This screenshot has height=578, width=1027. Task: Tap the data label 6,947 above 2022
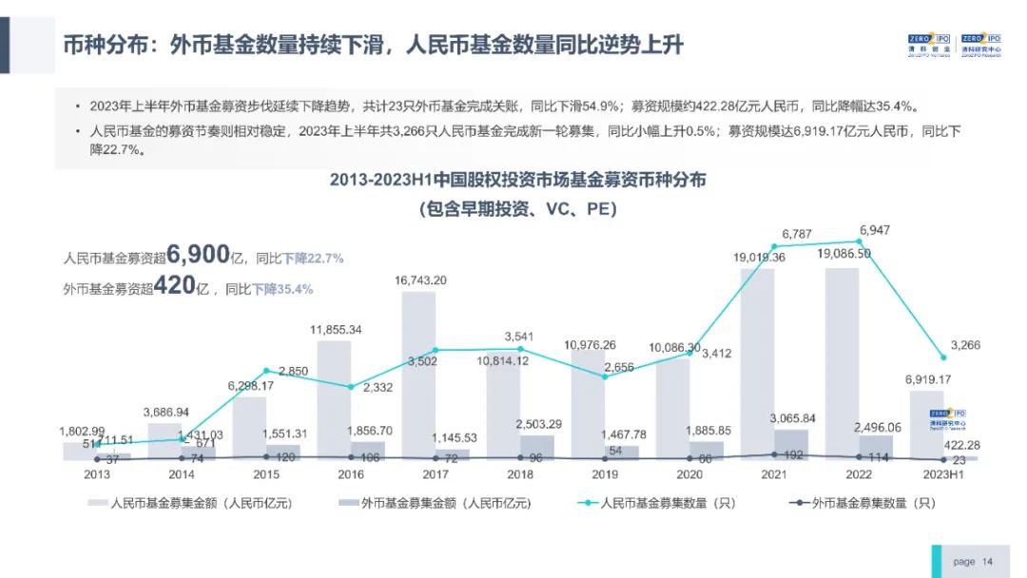(x=875, y=230)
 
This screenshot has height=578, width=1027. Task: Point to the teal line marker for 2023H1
(x=943, y=357)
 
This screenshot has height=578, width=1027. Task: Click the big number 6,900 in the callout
(x=199, y=255)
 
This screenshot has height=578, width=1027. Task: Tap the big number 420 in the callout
(x=176, y=285)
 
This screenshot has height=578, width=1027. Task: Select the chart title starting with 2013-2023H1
(x=518, y=180)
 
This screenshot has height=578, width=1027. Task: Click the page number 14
(x=987, y=562)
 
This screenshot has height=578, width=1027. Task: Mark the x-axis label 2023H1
(x=943, y=473)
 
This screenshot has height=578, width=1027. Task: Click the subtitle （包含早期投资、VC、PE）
(x=518, y=209)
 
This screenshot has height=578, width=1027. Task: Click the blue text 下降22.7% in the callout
(x=313, y=259)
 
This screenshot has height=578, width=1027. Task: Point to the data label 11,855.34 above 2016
(x=336, y=330)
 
